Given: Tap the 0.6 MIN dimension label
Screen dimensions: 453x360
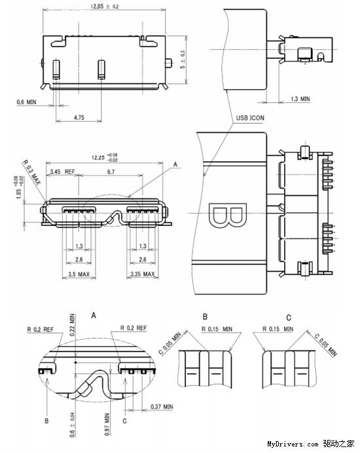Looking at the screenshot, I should coord(29,102).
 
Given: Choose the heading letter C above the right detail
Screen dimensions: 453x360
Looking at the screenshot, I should coord(288,317).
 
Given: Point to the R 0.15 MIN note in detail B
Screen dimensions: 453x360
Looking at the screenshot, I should coord(217,328).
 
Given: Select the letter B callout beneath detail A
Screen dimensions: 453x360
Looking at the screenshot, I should coord(46,422).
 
